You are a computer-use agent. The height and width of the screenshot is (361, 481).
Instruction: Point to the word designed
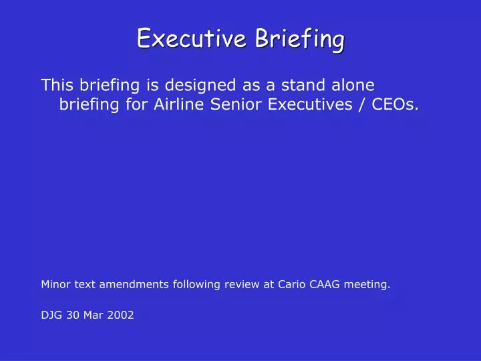click(x=201, y=86)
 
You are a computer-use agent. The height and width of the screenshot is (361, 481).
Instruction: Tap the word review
click(x=243, y=284)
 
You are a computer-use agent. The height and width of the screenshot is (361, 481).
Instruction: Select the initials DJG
click(x=51, y=315)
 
